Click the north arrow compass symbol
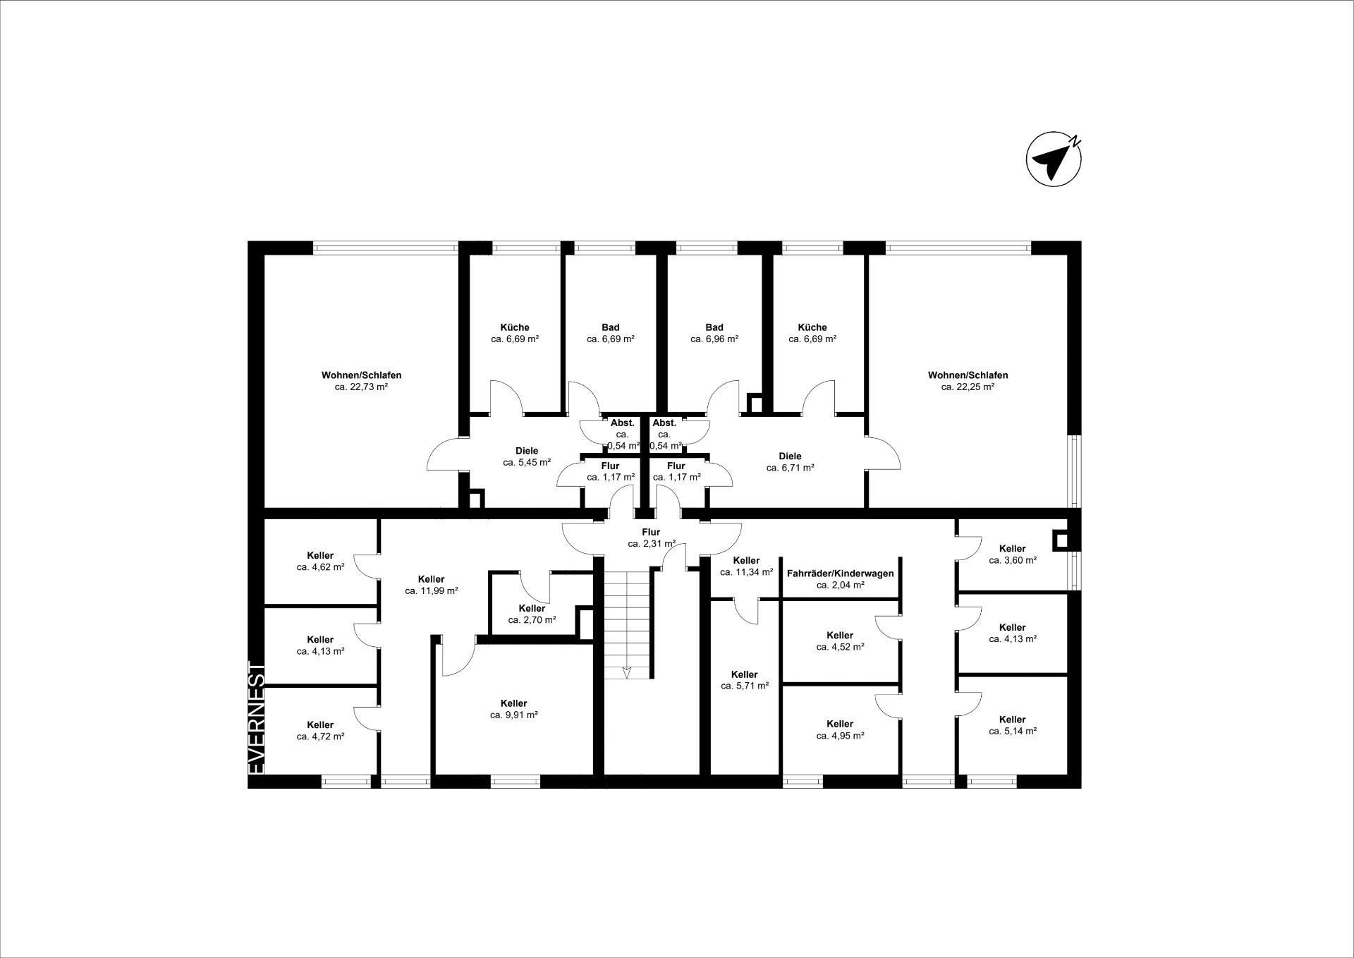(x=1054, y=159)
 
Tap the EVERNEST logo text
(x=257, y=717)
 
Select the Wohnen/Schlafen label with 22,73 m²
(x=361, y=375)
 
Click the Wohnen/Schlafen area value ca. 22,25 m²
(x=968, y=387)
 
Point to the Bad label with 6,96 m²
(x=714, y=327)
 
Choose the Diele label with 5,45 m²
(x=527, y=451)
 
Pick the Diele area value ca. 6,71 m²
(x=790, y=467)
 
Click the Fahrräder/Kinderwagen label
(x=840, y=574)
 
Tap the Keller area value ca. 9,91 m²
(x=514, y=715)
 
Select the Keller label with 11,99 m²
(x=432, y=579)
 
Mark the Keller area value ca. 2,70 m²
(x=532, y=620)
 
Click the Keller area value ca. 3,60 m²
(x=1013, y=560)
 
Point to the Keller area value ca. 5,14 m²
(x=1013, y=731)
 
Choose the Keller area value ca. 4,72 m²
(x=320, y=736)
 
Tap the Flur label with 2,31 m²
(x=651, y=532)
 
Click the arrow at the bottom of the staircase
(x=626, y=671)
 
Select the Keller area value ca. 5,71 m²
(x=745, y=686)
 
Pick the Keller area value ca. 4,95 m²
(x=840, y=735)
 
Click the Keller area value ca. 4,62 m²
(x=320, y=566)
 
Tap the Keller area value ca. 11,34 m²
(x=747, y=572)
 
